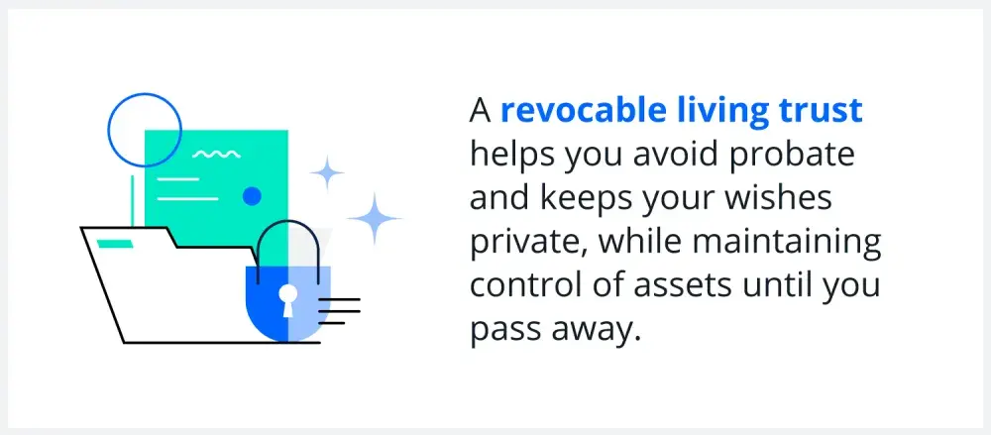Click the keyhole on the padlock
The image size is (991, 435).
(287, 299)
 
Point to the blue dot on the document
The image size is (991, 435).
(252, 196)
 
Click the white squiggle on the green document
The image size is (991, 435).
(216, 154)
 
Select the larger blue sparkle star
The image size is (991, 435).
(375, 218)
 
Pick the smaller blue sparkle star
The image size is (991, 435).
(327, 172)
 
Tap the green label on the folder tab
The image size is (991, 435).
(115, 243)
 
